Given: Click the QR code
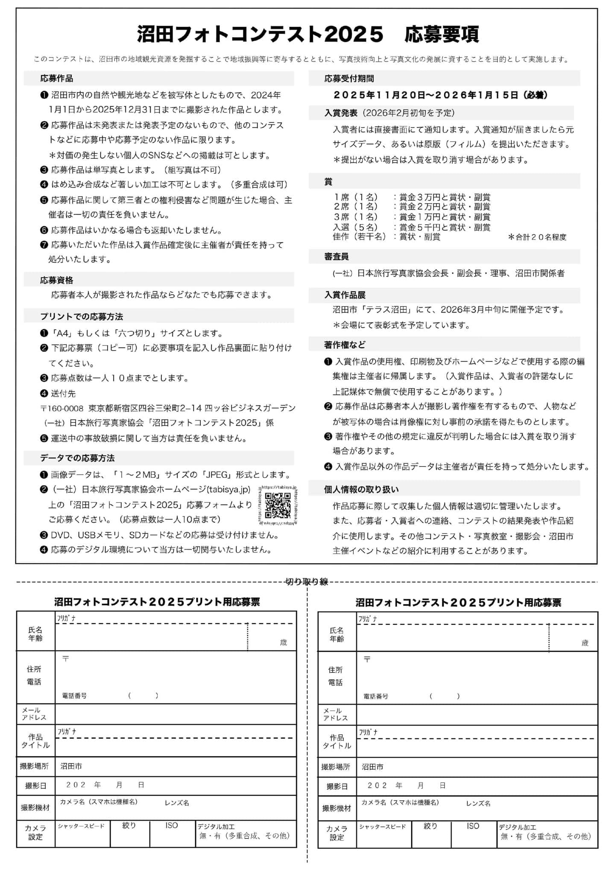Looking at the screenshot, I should [278, 505].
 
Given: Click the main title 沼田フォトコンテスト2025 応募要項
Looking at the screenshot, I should [307, 35].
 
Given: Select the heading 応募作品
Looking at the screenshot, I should [57, 79].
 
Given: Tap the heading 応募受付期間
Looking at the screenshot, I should [349, 79].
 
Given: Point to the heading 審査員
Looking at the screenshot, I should [336, 257].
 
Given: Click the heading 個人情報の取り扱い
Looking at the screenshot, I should [361, 489].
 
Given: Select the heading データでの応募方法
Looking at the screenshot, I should [77, 458].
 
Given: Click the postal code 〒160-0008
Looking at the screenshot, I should [62, 408].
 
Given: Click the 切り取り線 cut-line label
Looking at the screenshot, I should [307, 581].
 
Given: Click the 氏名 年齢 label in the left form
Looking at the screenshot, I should [35, 634].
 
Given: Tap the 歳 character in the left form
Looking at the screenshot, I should [284, 642].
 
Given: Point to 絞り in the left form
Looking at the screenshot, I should [129, 826].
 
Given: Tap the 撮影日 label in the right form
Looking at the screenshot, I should [337, 786].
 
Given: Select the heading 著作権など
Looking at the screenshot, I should [345, 345].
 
